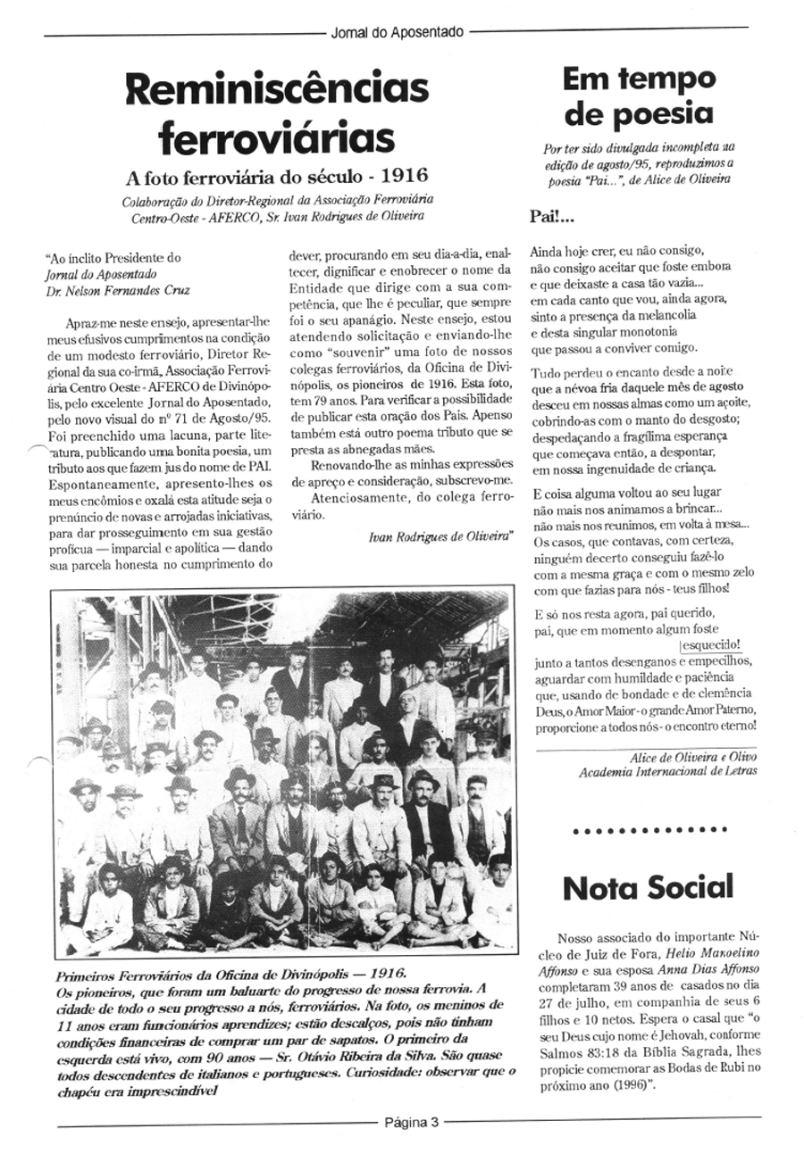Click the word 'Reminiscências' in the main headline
277,89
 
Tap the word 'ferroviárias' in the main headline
277,138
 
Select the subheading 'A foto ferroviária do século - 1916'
277,176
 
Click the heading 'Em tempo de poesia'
639,96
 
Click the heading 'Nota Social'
648,886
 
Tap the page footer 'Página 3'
412,1123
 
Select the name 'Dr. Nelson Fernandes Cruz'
118,290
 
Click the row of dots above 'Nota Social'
649,830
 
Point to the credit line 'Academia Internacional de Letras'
655,771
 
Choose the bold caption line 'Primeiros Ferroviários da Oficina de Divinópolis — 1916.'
230,974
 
